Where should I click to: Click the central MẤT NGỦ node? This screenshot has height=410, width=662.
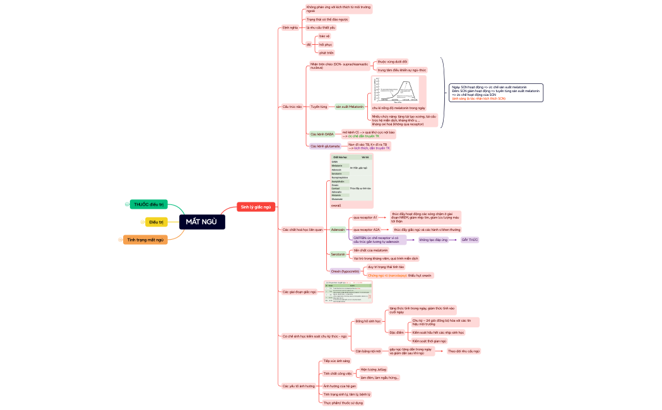201,221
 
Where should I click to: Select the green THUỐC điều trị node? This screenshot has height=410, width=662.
149,204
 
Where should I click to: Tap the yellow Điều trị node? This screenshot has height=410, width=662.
156,222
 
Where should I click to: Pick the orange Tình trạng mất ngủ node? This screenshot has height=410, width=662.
145,240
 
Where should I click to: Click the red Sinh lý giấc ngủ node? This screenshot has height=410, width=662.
256,207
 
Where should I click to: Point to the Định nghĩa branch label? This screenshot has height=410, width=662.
290,28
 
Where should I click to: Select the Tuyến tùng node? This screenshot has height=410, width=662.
319,107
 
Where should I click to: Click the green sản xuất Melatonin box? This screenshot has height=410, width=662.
350,107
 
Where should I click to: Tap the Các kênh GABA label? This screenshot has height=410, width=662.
322,134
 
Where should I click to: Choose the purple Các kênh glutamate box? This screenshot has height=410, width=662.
325,146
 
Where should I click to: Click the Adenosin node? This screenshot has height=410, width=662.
338,230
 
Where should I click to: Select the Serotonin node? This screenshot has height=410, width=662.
338,254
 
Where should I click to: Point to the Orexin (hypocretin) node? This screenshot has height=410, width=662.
345,271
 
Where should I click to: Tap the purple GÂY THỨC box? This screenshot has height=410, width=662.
470,240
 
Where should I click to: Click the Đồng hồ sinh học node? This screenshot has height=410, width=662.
368,321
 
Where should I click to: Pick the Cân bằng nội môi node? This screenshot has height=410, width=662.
367,351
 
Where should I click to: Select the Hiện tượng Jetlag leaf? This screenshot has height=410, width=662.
373,369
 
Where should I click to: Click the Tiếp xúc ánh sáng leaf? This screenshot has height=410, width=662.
336,361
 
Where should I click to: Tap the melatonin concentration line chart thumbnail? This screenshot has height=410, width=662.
398,91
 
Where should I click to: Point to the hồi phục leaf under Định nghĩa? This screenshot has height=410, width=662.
326,45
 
